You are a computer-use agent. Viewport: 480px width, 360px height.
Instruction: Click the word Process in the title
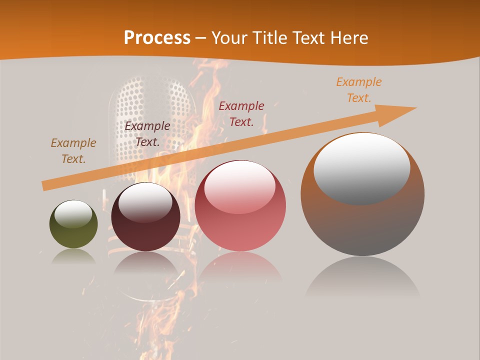[x=157, y=37]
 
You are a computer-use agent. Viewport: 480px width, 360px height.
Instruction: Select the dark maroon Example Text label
[x=147, y=134]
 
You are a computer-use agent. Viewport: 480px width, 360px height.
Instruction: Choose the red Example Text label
[x=241, y=113]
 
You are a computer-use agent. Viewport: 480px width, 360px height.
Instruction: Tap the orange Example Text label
[x=359, y=90]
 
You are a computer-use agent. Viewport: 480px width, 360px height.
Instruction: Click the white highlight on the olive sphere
[x=73, y=213]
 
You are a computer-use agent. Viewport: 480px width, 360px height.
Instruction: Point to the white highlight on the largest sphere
[x=361, y=167]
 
